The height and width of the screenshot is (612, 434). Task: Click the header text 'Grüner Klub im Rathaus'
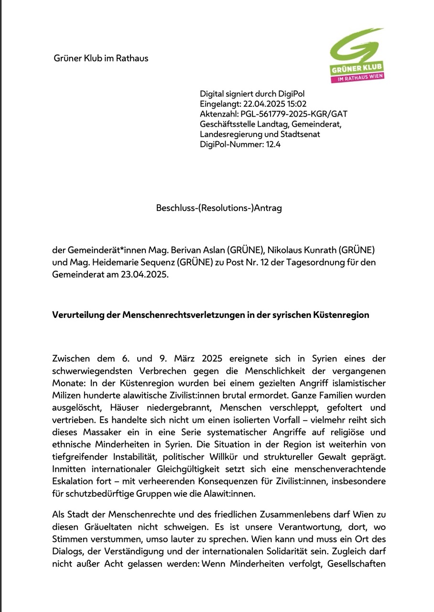[x=100, y=58]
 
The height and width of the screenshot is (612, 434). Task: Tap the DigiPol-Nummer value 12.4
[x=273, y=144]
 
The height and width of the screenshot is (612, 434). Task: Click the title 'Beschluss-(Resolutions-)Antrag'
[x=219, y=208]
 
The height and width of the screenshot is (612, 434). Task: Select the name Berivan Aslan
[x=193, y=250]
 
